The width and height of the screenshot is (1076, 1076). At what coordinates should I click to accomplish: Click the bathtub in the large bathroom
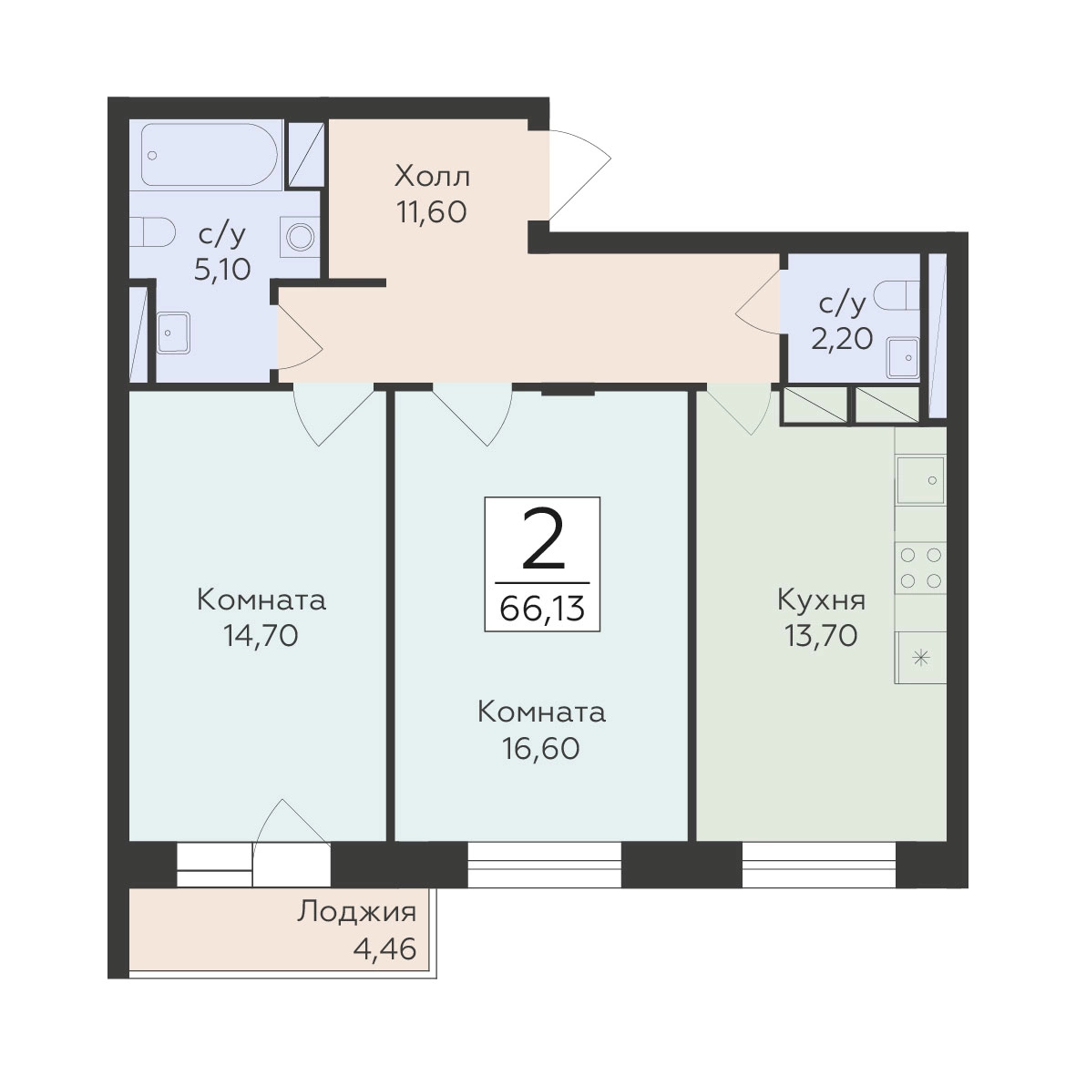(x=210, y=154)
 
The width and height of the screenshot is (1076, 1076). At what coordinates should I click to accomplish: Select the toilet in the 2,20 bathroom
(x=897, y=295)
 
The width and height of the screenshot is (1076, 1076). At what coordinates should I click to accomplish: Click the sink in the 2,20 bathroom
(x=902, y=357)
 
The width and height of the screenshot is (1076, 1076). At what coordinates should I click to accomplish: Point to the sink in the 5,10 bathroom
(x=173, y=333)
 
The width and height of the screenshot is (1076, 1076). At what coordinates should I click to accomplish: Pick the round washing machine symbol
(x=301, y=238)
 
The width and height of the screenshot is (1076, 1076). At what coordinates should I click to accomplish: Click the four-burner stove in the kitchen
(x=920, y=568)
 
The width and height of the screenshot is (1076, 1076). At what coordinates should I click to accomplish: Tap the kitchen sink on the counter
(x=920, y=478)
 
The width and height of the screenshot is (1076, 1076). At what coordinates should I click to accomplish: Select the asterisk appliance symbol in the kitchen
(x=920, y=658)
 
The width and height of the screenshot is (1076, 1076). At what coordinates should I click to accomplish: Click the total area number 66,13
(x=542, y=608)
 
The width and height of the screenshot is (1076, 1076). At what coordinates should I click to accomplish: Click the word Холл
(x=433, y=177)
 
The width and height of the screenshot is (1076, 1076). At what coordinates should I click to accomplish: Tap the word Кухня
(x=822, y=599)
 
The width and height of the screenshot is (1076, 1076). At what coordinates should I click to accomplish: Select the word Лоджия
(x=357, y=912)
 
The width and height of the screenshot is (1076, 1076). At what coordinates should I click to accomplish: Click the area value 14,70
(x=261, y=636)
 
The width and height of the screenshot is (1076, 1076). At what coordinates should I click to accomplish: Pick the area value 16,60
(x=541, y=749)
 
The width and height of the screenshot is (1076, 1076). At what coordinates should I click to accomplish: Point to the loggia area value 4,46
(x=384, y=949)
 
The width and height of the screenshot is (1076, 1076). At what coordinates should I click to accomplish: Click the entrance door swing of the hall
(x=579, y=175)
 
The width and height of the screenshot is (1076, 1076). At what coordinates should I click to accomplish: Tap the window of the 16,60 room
(x=545, y=865)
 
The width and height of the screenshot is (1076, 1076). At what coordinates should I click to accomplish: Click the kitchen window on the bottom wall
(x=819, y=865)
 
